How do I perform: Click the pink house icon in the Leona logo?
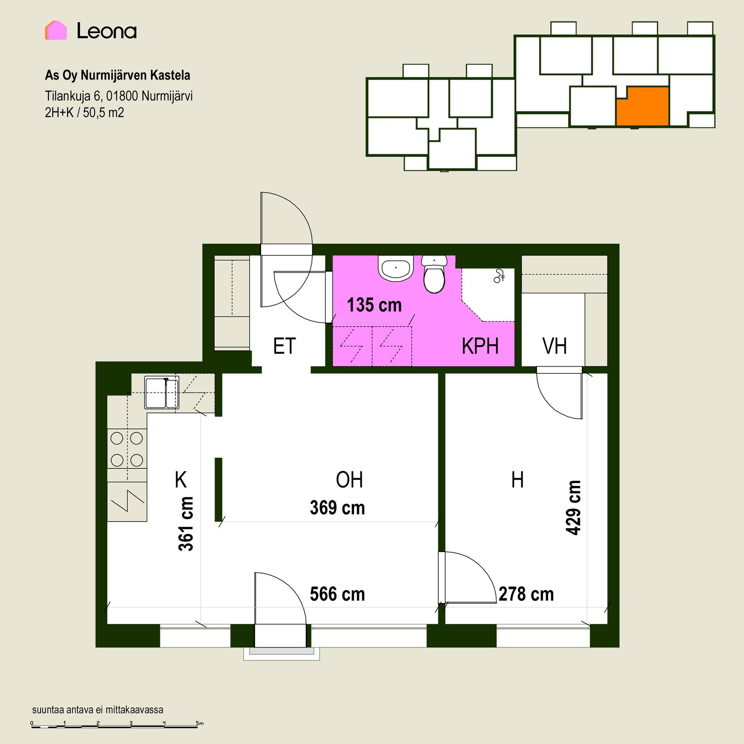pos(56,30)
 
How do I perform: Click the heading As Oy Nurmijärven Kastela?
pos(117,75)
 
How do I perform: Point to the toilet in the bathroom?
pos(434,274)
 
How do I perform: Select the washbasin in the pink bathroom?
pos(396,268)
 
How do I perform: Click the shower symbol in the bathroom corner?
pos(499,276)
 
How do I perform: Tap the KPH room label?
pos(480,346)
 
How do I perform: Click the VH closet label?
pos(555,346)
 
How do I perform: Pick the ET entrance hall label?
pos(284,346)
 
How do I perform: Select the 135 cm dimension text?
pos(374,305)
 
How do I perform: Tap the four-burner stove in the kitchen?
pos(127,449)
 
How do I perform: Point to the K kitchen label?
pos(181,480)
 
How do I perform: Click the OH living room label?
pos(350,480)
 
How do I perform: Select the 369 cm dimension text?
pos(338,508)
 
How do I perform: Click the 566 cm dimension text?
pos(338,594)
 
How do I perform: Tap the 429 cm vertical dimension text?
pos(573,508)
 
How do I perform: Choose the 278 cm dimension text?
pos(526,594)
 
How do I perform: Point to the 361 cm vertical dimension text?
pos(186,524)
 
